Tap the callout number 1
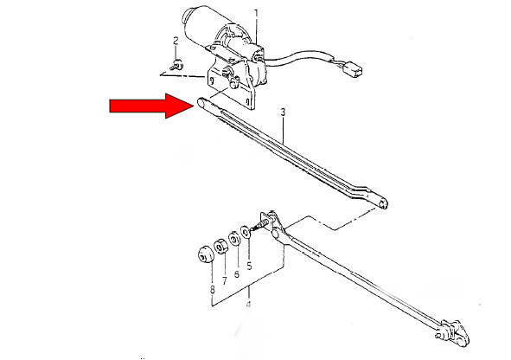(x=256, y=13)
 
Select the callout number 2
(x=176, y=41)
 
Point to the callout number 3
(x=283, y=112)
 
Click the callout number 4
(x=249, y=305)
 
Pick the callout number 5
(x=249, y=266)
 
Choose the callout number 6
(x=237, y=274)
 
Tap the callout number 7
(x=225, y=280)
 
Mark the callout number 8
(x=213, y=289)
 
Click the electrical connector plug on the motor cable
(x=352, y=69)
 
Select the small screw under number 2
(x=176, y=65)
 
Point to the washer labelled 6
(x=233, y=239)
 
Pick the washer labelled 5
(x=245, y=232)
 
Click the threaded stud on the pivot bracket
(x=260, y=225)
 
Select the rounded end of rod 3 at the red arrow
(x=201, y=102)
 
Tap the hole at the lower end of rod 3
(x=382, y=204)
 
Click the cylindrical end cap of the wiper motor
(x=187, y=16)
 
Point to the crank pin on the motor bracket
(x=233, y=83)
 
